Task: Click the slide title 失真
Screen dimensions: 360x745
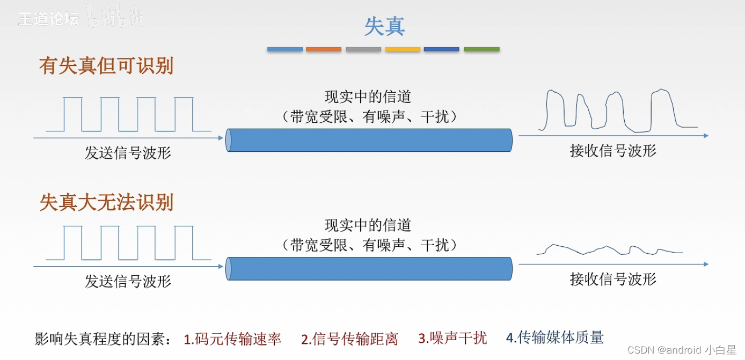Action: pos(384,26)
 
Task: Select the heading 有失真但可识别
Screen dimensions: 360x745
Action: pos(106,66)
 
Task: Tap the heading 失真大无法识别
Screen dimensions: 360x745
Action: pos(106,202)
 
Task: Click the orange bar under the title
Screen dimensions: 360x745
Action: pos(324,49)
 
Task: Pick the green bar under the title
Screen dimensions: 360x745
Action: pos(481,49)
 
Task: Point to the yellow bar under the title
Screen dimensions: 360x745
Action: pos(403,49)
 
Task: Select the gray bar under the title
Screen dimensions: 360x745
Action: pos(363,49)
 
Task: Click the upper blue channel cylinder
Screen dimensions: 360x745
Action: pos(369,140)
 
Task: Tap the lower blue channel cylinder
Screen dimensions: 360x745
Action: pos(369,269)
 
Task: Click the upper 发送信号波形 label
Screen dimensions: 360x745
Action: pos(128,153)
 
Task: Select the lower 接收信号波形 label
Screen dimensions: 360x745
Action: pos(613,279)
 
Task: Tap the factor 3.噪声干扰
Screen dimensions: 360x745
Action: pos(452,338)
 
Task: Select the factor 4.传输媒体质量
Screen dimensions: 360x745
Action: pos(555,337)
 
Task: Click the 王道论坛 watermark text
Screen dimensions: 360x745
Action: pos(49,19)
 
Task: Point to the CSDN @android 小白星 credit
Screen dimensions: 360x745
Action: pos(682,350)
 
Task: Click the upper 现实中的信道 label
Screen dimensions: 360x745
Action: pos(368,97)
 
